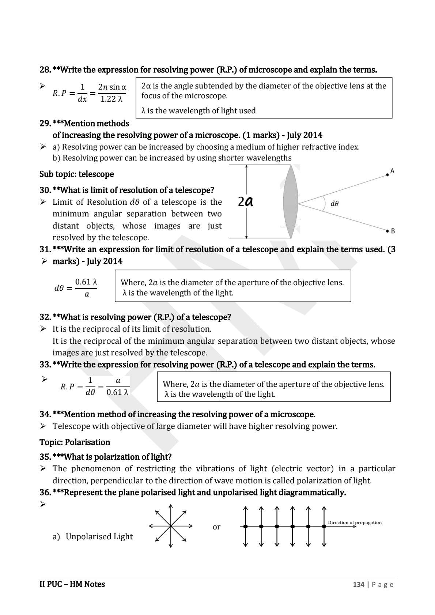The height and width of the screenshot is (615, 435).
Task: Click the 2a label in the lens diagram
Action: [246, 201]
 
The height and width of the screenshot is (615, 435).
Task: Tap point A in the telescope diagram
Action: [388, 175]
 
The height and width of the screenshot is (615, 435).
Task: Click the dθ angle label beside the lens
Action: [334, 204]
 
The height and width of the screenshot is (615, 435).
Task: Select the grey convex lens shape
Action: [291, 202]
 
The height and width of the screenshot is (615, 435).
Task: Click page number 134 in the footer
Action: [358, 584]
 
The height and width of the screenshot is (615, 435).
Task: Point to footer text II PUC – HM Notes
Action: [72, 584]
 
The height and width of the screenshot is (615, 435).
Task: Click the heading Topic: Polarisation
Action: [75, 442]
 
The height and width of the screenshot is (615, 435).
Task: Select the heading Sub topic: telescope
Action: [76, 174]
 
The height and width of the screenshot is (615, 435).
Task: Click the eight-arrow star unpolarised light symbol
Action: [171, 526]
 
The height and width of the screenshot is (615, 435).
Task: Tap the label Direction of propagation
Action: [354, 522]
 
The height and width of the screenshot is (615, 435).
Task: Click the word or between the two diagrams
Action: [216, 527]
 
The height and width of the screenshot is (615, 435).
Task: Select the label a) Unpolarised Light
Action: [93, 536]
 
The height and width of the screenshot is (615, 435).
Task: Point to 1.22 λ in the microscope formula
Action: [111, 99]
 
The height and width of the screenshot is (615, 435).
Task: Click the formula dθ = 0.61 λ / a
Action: [76, 288]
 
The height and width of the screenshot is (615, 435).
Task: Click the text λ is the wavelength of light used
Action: [198, 110]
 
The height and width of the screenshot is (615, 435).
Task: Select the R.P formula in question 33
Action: [95, 386]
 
